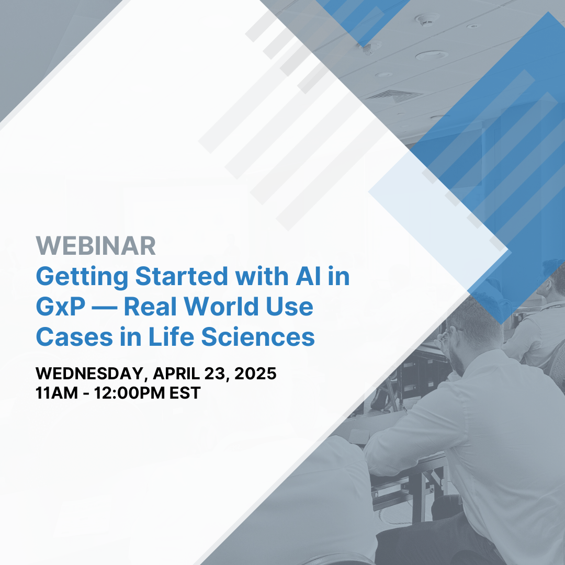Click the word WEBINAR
[x=96, y=246]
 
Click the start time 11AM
[x=55, y=393]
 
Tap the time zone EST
[x=184, y=393]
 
